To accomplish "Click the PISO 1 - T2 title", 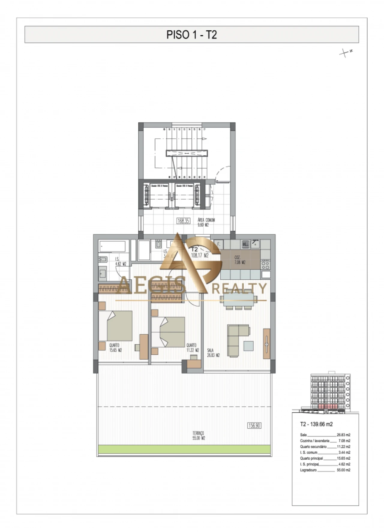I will [191, 35].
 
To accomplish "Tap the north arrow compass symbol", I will [346, 53].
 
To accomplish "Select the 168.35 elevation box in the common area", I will [183, 221].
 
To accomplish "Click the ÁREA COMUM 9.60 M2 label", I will [206, 222].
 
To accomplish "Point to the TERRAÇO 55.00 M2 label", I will [198, 436].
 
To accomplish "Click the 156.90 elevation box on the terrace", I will [254, 425].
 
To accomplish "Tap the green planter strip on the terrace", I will [184, 449].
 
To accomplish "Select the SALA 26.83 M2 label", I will [213, 353].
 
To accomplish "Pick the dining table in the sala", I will [238, 299].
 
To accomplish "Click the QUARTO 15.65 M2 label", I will [115, 347].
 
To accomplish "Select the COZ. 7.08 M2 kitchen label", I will [240, 260].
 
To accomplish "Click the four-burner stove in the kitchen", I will [265, 264].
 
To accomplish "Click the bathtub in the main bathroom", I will [112, 246].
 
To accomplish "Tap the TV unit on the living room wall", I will [266, 344].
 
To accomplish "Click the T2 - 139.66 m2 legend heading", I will [316, 424].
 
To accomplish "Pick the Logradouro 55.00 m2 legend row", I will [325, 470].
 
